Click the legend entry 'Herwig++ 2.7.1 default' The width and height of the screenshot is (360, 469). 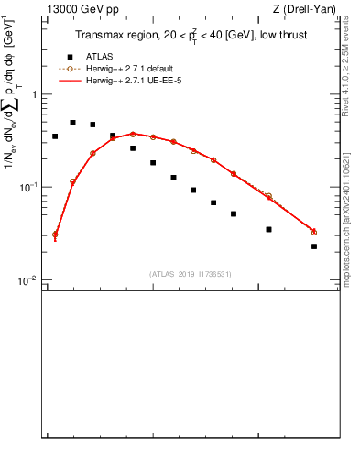[130, 69]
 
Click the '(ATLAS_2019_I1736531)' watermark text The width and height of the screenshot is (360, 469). [191, 273]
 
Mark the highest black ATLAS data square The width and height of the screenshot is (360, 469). [72, 122]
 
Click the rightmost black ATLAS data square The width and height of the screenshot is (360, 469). [314, 246]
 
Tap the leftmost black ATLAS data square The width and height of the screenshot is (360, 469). [55, 136]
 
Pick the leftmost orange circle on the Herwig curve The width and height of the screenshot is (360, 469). [55, 234]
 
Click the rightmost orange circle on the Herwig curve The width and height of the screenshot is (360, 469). [314, 232]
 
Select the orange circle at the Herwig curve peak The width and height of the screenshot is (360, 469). [133, 134]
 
